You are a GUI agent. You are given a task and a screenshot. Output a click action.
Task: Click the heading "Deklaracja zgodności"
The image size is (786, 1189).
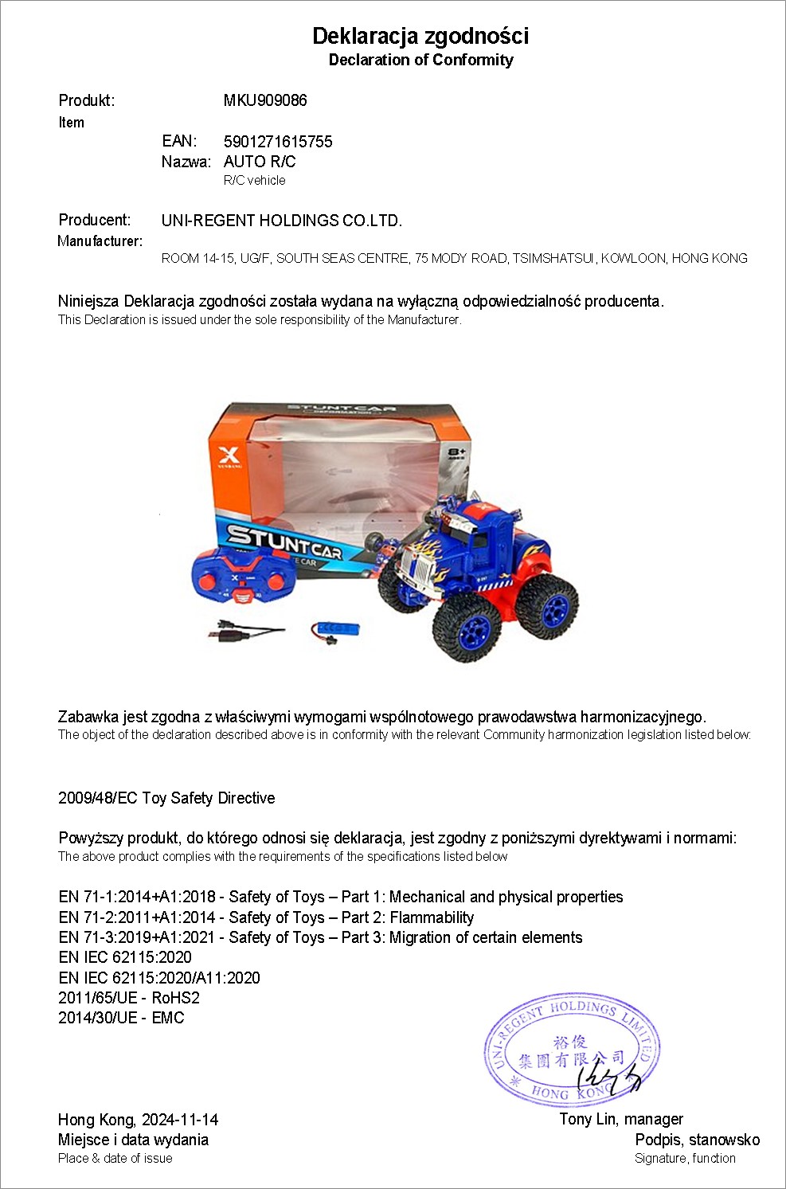click(x=420, y=36)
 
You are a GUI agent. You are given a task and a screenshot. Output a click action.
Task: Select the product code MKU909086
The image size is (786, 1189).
click(x=265, y=100)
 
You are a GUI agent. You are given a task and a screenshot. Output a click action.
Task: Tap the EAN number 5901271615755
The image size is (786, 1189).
click(x=278, y=142)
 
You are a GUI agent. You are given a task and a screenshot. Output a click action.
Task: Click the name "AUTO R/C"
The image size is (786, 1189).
click(x=260, y=162)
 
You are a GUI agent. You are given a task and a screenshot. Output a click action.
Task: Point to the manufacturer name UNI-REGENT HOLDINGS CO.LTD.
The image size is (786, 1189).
click(x=282, y=221)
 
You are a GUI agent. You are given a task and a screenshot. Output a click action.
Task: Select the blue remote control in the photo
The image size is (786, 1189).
click(x=242, y=578)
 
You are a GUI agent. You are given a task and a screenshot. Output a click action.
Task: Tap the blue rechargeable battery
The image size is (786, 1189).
click(x=335, y=629)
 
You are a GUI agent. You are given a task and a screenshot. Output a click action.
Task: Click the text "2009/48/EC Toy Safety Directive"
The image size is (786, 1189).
click(x=166, y=798)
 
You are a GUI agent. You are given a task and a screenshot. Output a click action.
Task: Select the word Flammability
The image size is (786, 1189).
click(x=432, y=917)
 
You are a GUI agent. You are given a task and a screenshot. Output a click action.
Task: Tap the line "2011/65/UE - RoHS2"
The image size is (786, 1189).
click(x=129, y=998)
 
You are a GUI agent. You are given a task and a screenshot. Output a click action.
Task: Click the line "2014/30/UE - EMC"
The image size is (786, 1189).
click(x=121, y=1018)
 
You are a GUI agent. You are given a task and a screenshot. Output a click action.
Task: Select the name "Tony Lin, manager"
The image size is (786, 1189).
click(x=621, y=1119)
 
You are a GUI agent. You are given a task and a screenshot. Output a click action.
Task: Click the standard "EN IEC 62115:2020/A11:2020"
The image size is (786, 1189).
click(x=159, y=978)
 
